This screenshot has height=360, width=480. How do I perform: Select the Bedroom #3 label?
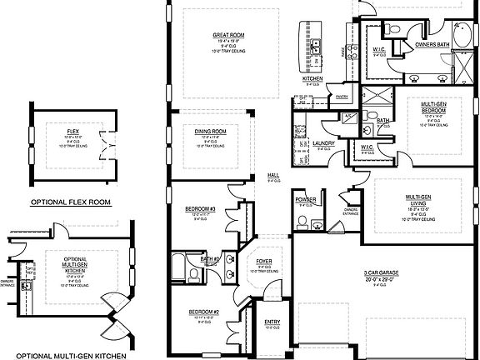coord(201,208)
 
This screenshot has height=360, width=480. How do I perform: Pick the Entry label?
coord(272,321)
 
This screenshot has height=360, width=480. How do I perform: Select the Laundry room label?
coord(322,143)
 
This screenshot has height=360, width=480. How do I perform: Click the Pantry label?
coord(341,97)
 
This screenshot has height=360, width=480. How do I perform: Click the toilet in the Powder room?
coord(306,222)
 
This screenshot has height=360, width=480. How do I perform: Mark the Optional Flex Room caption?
coord(72,202)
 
